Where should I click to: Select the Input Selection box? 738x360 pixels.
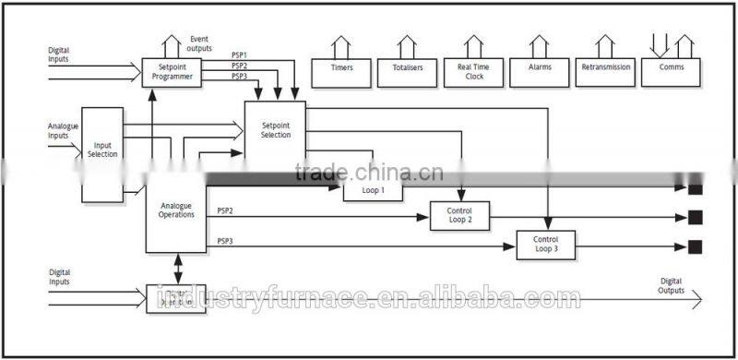point(102,153)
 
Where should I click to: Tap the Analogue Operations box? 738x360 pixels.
point(176,210)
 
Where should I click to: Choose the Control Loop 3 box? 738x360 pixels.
point(543,245)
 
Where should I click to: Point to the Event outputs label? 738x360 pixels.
point(199,43)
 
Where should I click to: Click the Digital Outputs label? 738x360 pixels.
point(671,285)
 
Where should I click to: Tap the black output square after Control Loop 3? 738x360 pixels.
point(695,246)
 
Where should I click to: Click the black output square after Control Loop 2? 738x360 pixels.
point(695,217)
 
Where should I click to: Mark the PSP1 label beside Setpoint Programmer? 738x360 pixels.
point(239,55)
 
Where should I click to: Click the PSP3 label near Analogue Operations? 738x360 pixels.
point(225,241)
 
